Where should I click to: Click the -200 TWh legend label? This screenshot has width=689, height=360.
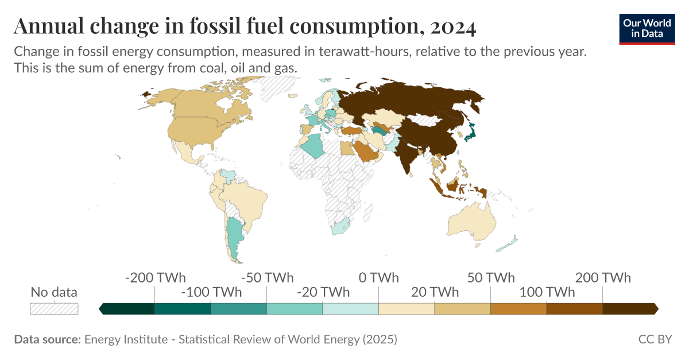point(155,278)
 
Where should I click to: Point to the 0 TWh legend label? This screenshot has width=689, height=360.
point(378,278)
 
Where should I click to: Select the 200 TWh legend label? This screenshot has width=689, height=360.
point(603,278)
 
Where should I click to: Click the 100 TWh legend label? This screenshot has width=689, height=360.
point(547,292)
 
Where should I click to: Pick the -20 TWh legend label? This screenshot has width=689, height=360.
point(323,292)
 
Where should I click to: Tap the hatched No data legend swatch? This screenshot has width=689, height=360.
point(54,308)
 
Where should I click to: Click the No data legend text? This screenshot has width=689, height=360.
point(54,292)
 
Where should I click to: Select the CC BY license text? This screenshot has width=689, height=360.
point(655,339)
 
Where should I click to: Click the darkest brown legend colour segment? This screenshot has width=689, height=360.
point(629,308)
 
